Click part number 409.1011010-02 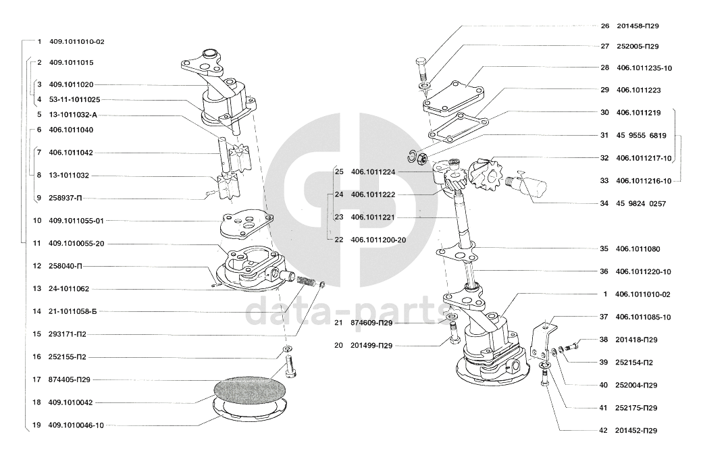click(x=77, y=42)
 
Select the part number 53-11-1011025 click(x=75, y=100)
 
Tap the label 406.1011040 click(x=71, y=130)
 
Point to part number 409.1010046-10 click(x=76, y=425)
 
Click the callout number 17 click(x=36, y=379)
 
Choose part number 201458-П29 click(x=638, y=26)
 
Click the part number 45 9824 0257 click(x=641, y=204)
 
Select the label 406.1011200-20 click(x=378, y=240)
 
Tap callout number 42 click(x=603, y=431)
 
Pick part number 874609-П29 click(x=371, y=323)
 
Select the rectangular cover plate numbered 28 click(x=453, y=97)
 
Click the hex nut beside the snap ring click(x=421, y=159)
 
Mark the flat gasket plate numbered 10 click(x=246, y=226)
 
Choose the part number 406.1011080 click(x=638, y=249)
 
